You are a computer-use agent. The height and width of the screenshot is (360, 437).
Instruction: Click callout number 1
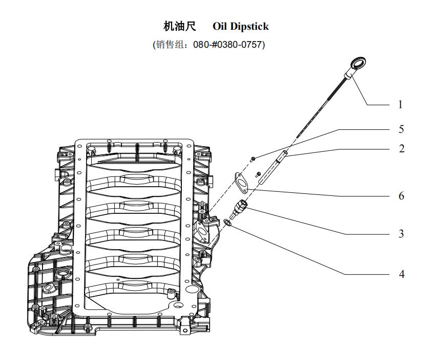(400, 105)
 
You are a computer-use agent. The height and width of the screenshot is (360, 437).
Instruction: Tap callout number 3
(401, 234)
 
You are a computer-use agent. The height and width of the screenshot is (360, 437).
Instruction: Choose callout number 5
(401, 129)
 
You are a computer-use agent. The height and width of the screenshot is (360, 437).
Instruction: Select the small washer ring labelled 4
(228, 222)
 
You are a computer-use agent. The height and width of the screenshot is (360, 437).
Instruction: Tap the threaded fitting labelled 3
(240, 208)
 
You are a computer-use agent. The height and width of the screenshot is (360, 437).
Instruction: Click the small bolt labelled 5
(254, 159)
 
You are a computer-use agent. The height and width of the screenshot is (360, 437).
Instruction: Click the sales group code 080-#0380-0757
(229, 45)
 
